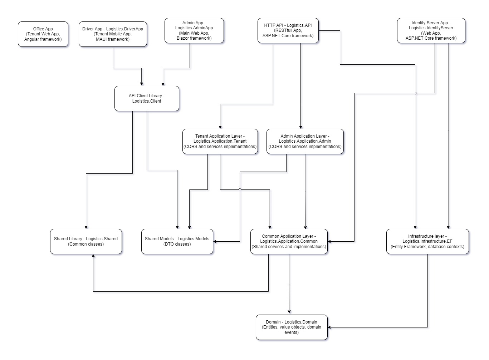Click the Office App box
click(43, 34)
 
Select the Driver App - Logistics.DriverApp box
click(113, 34)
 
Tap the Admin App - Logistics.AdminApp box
click(194, 31)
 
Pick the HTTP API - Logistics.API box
click(288, 31)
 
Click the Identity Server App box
click(431, 31)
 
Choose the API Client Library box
click(147, 98)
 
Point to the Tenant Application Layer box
click(220, 141)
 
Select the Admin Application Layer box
click(305, 141)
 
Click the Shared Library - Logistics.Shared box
click(86, 241)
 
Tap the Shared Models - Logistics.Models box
click(177, 241)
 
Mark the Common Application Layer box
click(289, 241)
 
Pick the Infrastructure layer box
click(427, 241)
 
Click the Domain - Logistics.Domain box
click(292, 327)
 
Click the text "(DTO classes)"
click(177, 244)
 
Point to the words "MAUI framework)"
click(113, 39)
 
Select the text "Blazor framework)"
click(194, 38)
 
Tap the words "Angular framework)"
click(43, 39)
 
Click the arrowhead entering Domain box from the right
click(329, 327)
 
